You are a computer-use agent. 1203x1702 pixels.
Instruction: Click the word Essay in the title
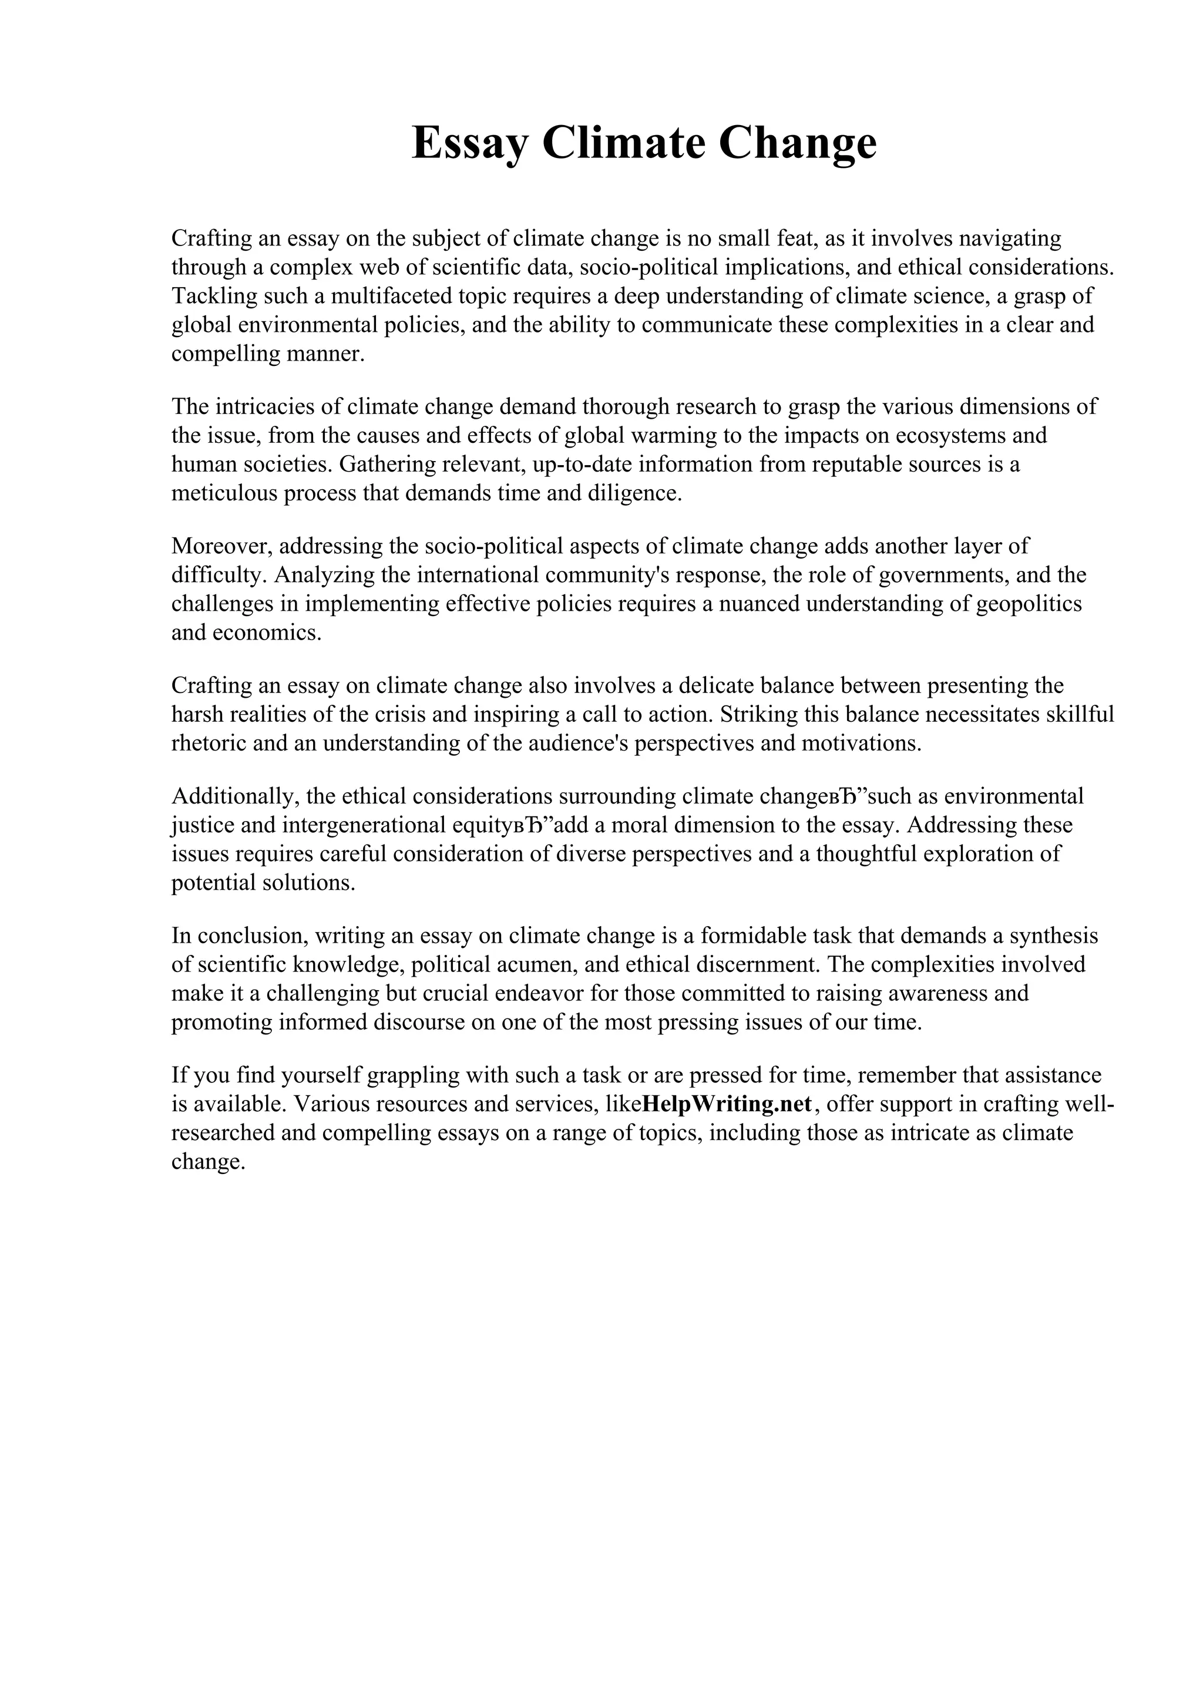coord(470,143)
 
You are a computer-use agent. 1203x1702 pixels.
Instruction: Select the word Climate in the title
coord(623,143)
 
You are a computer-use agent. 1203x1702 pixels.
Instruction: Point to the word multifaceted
coord(391,296)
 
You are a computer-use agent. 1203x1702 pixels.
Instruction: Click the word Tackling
coord(215,296)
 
